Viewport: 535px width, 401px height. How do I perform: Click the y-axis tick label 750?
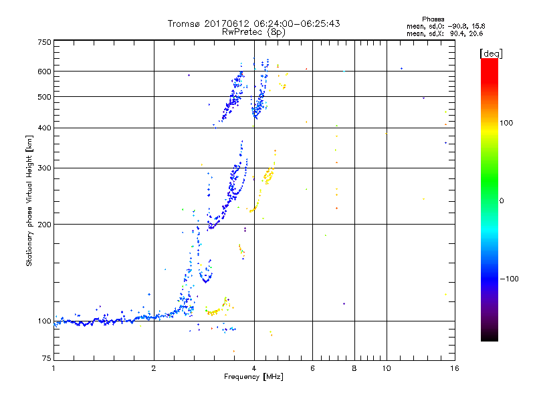[x=44, y=42]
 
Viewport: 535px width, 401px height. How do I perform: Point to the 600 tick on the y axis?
[x=44, y=72]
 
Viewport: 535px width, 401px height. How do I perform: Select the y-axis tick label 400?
[x=44, y=128]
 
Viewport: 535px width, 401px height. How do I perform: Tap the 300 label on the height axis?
[x=44, y=168]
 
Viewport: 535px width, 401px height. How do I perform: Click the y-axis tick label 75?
[x=46, y=360]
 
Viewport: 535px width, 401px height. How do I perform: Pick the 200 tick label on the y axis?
[x=44, y=225]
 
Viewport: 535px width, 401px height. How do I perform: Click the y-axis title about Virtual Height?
[x=29, y=200]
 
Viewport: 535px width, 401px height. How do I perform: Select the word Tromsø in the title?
[x=183, y=23]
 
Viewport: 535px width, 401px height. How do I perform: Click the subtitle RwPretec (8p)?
[x=253, y=31]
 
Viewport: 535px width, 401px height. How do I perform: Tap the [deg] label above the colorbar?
[x=491, y=53]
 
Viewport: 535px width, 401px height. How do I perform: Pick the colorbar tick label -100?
[x=509, y=279]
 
